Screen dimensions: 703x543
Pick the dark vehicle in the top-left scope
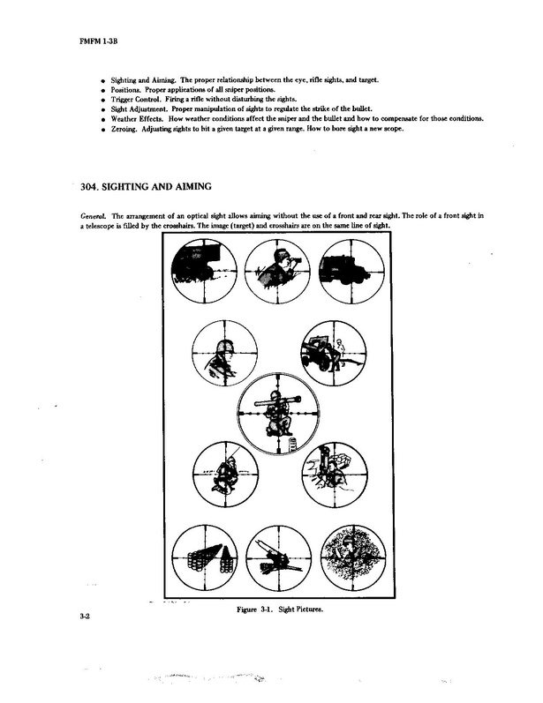coord(196,266)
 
